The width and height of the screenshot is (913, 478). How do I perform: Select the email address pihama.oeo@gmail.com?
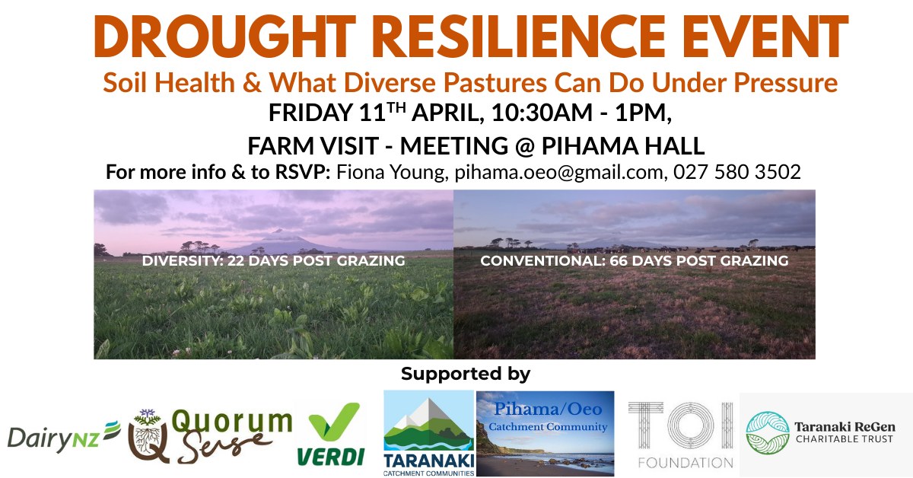coord(558,172)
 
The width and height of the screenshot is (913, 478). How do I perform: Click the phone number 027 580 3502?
coord(736,172)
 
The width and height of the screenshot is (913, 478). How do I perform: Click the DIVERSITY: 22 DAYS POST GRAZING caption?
coord(273,261)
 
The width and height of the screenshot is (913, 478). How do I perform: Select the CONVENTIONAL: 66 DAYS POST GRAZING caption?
coord(634,261)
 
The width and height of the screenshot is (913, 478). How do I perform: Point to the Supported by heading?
coord(465,374)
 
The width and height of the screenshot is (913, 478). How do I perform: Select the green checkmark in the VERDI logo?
coord(334,423)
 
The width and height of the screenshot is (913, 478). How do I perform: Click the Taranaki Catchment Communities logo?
coord(428,433)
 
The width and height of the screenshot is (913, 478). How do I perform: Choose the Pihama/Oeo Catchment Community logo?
coord(545,433)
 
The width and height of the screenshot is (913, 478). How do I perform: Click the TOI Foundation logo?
coord(680,434)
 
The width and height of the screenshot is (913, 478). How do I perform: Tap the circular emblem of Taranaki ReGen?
coord(767,433)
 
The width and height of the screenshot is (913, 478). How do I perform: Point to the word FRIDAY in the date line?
coord(310,113)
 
